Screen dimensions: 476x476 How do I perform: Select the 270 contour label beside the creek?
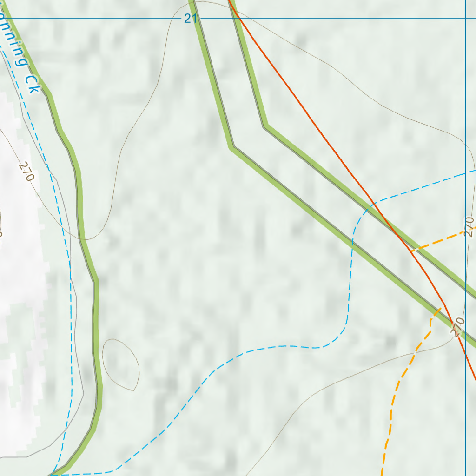(x=27, y=172)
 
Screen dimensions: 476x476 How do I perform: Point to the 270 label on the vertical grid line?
(x=469, y=227)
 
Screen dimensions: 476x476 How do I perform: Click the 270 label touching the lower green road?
(x=457, y=327)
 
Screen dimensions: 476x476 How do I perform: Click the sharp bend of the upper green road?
(x=265, y=126)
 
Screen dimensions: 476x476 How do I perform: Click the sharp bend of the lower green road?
(x=232, y=147)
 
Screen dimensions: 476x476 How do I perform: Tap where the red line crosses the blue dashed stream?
(x=374, y=203)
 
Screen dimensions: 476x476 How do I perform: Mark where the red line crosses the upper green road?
(x=397, y=234)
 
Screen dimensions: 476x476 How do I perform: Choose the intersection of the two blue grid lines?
(x=466, y=19)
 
